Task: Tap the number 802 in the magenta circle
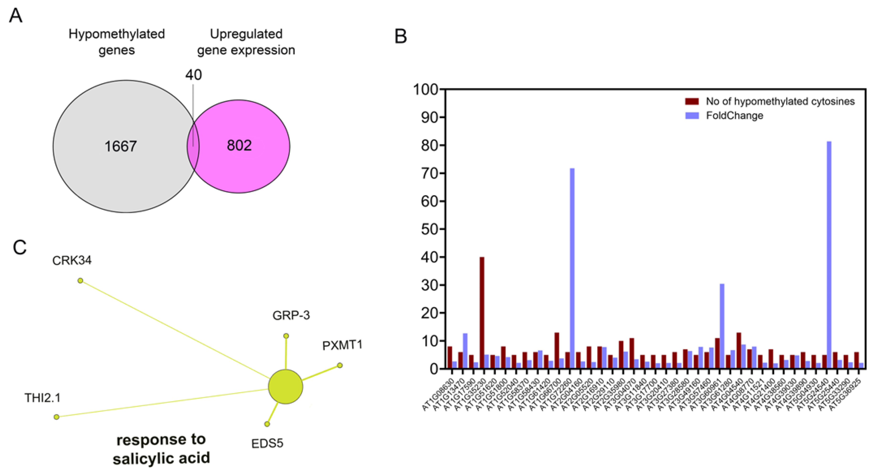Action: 239,146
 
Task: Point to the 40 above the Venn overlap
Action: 194,75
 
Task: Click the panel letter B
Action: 401,36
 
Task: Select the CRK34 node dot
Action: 80,281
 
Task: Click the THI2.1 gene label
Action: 42,398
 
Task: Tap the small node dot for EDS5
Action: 267,424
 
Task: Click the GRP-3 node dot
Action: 286,336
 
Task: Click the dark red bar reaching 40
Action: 482,313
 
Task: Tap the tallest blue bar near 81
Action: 829,255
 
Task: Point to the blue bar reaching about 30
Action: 722,326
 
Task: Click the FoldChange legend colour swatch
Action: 692,115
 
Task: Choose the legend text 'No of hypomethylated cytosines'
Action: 780,101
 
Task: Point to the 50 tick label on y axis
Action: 429,229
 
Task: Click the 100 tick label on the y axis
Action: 425,90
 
